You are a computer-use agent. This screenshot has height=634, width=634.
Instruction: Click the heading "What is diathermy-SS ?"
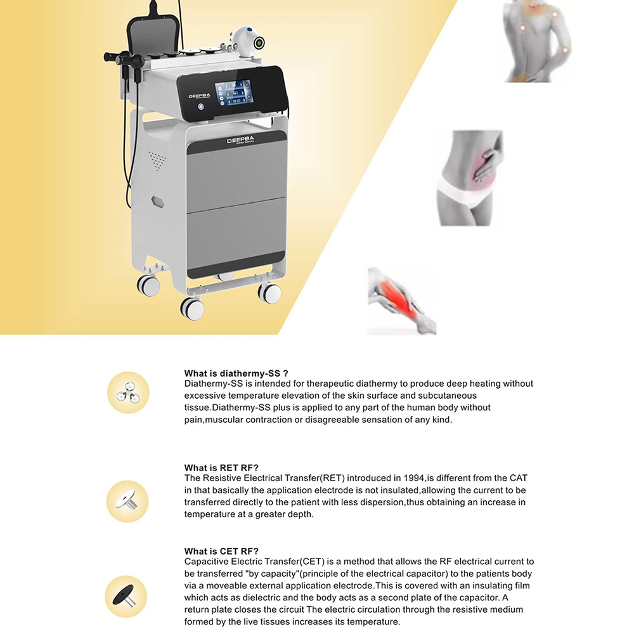(236, 373)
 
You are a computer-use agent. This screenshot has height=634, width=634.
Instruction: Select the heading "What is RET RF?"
(221, 468)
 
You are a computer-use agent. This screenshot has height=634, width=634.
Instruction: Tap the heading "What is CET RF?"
(221, 551)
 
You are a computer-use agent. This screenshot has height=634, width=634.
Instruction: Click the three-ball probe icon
(128, 392)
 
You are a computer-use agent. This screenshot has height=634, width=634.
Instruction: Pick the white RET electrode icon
(127, 501)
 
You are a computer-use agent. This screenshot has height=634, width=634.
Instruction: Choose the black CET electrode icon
(126, 596)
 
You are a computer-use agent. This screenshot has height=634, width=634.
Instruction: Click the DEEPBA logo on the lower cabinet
(240, 140)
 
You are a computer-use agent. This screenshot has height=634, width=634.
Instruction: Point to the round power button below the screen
(200, 107)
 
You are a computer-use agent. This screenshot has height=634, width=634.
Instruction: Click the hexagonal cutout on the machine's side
(157, 202)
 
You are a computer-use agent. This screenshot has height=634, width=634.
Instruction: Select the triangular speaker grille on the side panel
(157, 160)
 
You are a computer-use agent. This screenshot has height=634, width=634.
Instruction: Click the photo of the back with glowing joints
(538, 41)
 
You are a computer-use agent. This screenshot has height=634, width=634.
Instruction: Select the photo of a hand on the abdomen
(470, 178)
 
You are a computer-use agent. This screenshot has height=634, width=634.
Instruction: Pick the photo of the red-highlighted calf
(402, 301)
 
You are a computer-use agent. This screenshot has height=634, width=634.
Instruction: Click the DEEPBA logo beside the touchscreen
(199, 96)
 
